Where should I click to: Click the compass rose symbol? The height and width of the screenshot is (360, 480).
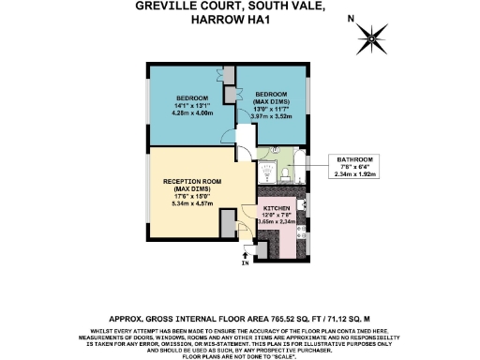374,38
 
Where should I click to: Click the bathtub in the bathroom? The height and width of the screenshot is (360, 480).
301,159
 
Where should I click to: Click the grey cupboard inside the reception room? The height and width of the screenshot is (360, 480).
228,223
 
